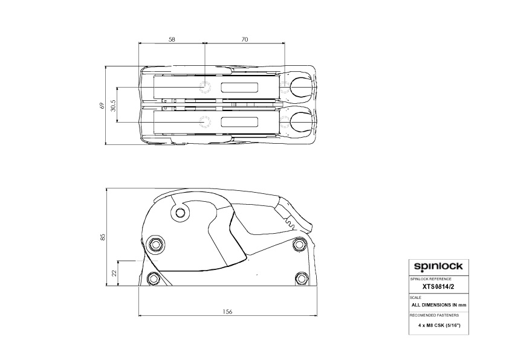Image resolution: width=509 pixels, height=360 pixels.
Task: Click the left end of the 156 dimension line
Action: pyautogui.click(x=139, y=315)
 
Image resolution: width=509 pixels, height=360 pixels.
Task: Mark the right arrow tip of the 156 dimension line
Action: pyautogui.click(x=317, y=315)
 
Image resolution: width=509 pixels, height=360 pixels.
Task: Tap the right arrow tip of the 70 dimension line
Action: pyautogui.click(x=285, y=42)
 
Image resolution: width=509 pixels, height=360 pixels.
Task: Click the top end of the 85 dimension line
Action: pyautogui.click(x=106, y=188)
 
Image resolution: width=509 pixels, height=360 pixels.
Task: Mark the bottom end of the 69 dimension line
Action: pyautogui.click(x=106, y=144)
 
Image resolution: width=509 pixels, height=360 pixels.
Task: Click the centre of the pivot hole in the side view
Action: pyautogui.click(x=180, y=213)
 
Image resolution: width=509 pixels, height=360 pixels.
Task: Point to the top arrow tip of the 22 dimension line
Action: pyautogui.click(x=117, y=260)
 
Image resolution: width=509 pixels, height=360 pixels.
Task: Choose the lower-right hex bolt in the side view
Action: pyautogui.click(x=302, y=278)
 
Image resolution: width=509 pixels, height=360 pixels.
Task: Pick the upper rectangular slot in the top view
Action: pyautogui.click(x=239, y=87)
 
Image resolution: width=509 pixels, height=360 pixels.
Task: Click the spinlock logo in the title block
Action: pyautogui.click(x=438, y=266)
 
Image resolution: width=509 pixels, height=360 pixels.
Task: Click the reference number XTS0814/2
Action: pyautogui.click(x=438, y=286)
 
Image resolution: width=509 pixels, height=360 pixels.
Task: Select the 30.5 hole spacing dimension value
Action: pyautogui.click(x=113, y=104)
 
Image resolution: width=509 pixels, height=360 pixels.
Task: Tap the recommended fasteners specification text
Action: pyautogui.click(x=439, y=326)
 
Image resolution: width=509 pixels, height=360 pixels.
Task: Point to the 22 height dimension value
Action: pyautogui.click(x=114, y=273)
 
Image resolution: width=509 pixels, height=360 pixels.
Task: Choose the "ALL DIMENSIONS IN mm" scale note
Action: pyautogui.click(x=438, y=305)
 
